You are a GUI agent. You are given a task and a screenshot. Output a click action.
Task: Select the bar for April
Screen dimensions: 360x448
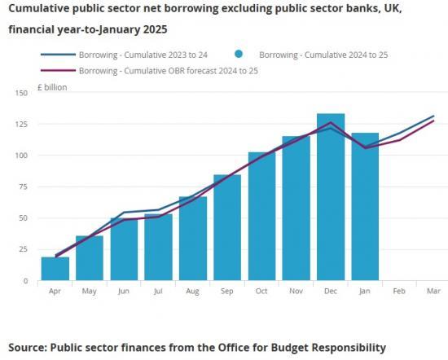point(55,269)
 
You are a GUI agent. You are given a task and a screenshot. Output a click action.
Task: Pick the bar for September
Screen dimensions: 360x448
point(226,228)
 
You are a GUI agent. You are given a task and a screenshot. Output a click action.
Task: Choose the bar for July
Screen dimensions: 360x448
point(158,248)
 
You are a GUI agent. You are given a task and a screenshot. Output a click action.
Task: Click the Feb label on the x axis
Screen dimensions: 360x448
point(398,291)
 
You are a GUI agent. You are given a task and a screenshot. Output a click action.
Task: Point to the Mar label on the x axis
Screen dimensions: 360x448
point(433,291)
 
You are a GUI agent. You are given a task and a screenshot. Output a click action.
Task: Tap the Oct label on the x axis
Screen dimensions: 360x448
point(261,291)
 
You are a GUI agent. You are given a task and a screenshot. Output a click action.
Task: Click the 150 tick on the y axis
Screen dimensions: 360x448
point(20,93)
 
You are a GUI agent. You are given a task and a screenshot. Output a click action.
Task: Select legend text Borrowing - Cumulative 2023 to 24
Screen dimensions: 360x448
point(144,55)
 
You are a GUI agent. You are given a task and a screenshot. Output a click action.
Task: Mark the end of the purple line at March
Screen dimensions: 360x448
point(433,121)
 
